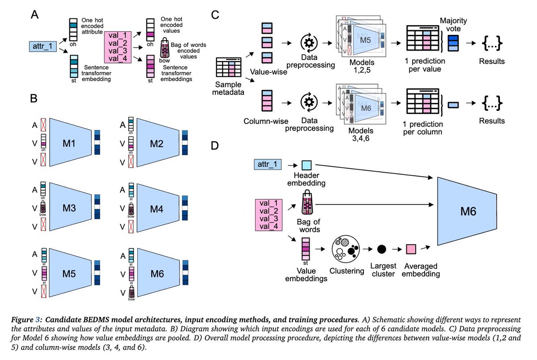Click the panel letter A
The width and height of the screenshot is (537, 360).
tap(34, 14)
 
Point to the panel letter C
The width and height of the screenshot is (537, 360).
tap(215, 14)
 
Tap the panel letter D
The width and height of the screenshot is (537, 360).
tap(215, 146)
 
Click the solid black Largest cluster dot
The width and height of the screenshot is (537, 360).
tap(382, 249)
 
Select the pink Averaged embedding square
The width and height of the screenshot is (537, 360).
tap(411, 249)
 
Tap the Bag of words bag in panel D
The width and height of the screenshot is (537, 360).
tap(307, 203)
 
